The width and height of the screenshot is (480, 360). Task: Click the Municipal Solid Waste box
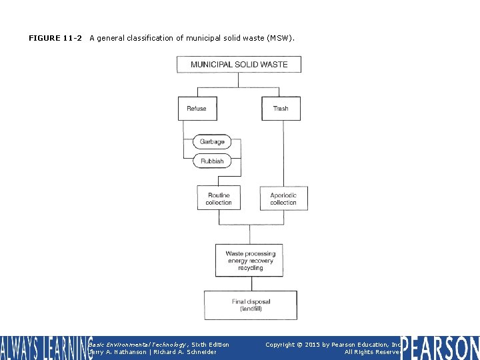coord(239,65)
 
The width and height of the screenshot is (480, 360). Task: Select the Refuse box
coord(197,109)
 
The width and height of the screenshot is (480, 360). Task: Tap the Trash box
coord(281,109)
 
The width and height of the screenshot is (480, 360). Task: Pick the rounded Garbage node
coord(212,141)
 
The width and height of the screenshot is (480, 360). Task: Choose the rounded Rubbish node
coord(212,161)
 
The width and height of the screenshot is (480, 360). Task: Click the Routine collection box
coord(219,198)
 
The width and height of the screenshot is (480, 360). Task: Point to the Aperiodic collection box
coord(283,198)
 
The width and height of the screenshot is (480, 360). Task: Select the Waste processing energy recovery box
coord(250,260)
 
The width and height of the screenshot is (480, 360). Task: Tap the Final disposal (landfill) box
coord(250,305)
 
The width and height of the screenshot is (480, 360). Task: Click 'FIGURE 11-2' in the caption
coord(55,38)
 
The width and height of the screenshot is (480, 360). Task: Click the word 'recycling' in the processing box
coord(250,268)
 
